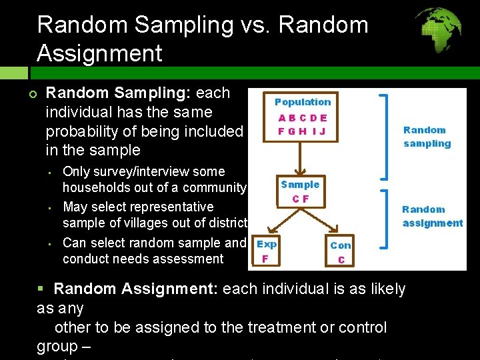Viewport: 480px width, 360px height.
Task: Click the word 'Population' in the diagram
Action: pos(303,102)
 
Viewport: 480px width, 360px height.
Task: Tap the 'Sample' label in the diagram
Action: pos(300,185)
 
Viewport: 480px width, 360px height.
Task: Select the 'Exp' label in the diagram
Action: pos(267,245)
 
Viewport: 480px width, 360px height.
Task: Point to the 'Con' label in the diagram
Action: pos(341,245)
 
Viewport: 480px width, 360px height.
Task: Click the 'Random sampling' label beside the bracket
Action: pos(427,137)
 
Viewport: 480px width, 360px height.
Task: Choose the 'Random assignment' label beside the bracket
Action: pos(432,216)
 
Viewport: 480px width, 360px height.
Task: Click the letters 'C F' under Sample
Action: pos(300,199)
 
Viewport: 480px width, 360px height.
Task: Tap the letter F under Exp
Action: pos(265,259)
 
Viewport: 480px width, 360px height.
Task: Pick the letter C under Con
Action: pos(341,259)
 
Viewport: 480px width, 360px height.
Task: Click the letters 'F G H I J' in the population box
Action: pos(302,131)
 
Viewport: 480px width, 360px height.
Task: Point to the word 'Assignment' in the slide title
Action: pos(100,53)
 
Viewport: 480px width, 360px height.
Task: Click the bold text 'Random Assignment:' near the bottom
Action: pos(137,289)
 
